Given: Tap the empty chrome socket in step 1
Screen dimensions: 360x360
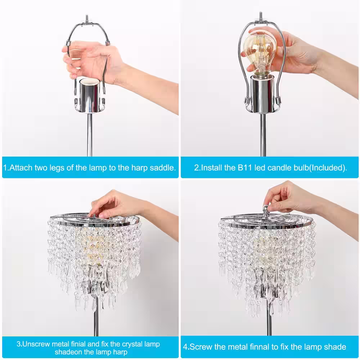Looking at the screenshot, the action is click(90, 95).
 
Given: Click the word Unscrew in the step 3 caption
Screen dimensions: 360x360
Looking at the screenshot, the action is click(36, 344).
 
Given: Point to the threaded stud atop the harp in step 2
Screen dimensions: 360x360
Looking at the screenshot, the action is click(261, 15).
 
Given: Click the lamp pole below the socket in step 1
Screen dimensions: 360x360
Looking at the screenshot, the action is click(90, 135).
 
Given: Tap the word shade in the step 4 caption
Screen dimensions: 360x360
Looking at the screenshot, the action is click(336, 347).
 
